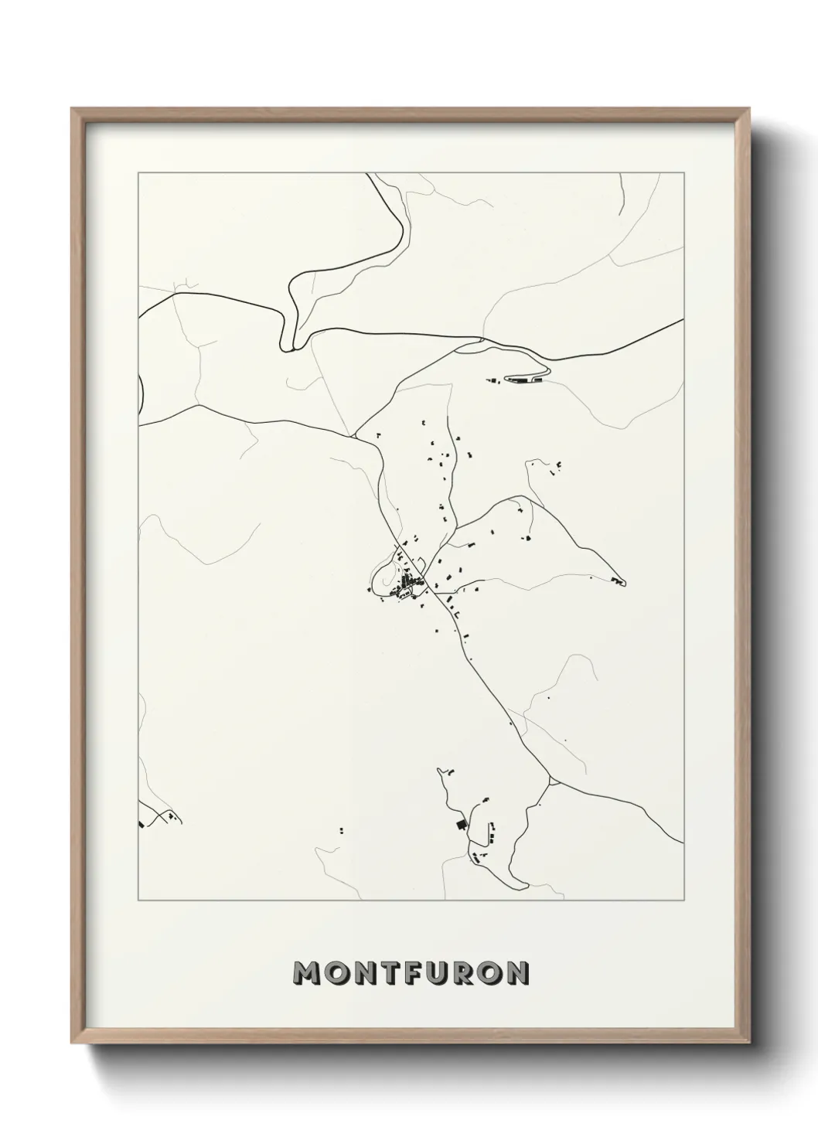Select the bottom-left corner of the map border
click(138, 901)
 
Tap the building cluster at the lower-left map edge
click(158, 818)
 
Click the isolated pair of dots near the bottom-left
click(340, 831)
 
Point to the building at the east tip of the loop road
click(616, 580)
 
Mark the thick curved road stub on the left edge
click(141, 391)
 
